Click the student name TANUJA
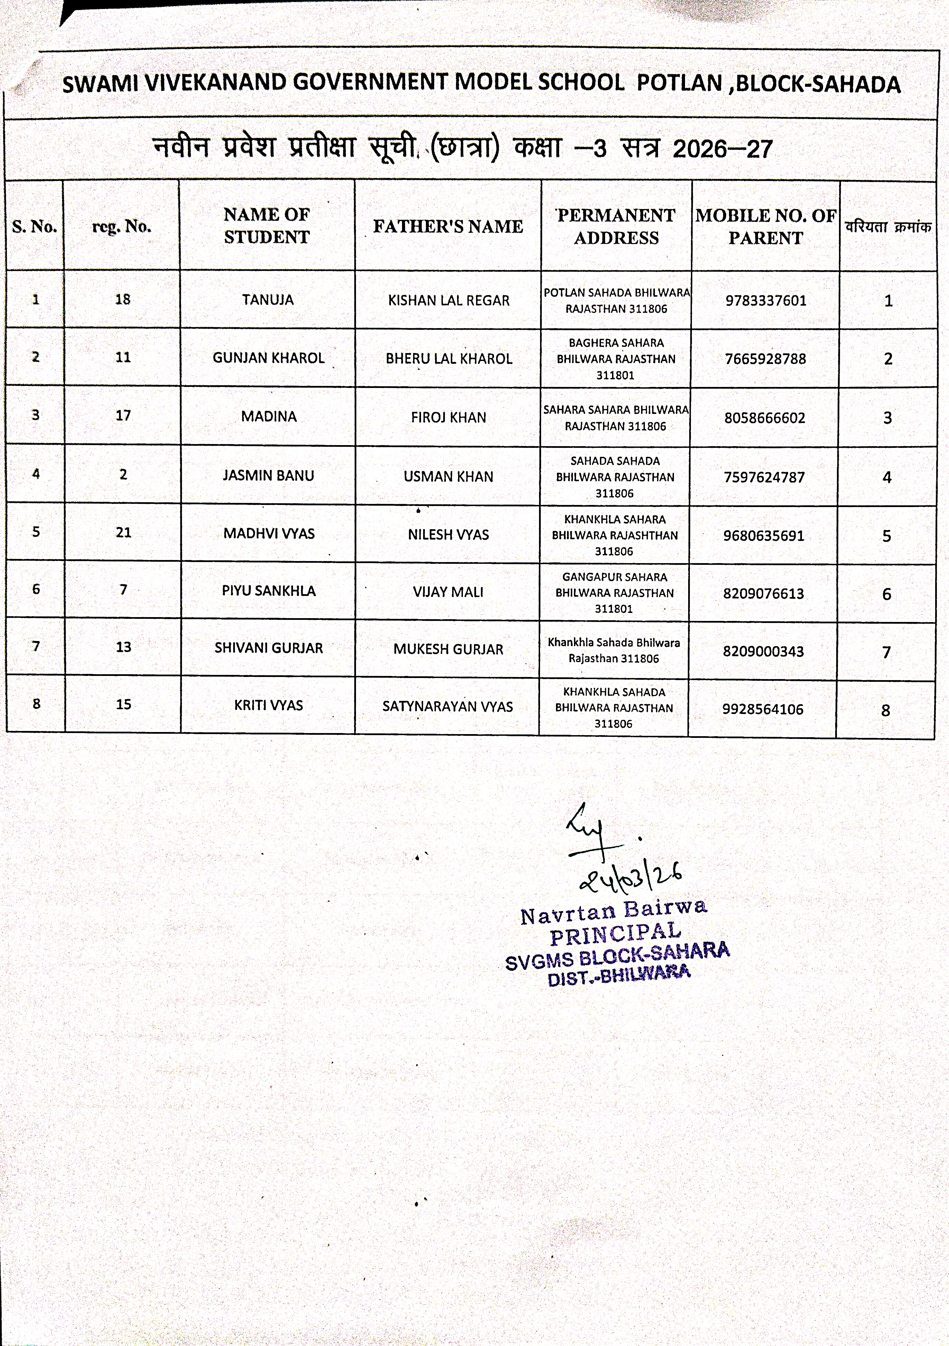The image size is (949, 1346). click(268, 300)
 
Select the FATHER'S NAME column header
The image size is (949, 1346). click(448, 226)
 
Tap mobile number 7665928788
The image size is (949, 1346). click(766, 359)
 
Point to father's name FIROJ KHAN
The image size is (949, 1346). click(448, 417)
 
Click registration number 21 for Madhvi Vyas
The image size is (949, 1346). click(123, 532)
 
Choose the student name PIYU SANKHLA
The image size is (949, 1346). click(268, 591)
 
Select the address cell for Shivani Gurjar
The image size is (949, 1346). click(614, 650)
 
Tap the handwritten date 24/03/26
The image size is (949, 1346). click(630, 878)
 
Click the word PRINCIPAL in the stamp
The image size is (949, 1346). click(615, 934)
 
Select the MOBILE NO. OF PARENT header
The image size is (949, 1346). click(766, 226)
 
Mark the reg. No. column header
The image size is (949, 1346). click(122, 226)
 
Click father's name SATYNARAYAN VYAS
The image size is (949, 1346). click(447, 706)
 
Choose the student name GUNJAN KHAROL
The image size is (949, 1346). click(268, 358)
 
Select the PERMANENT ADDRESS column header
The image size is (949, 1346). click(616, 226)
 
